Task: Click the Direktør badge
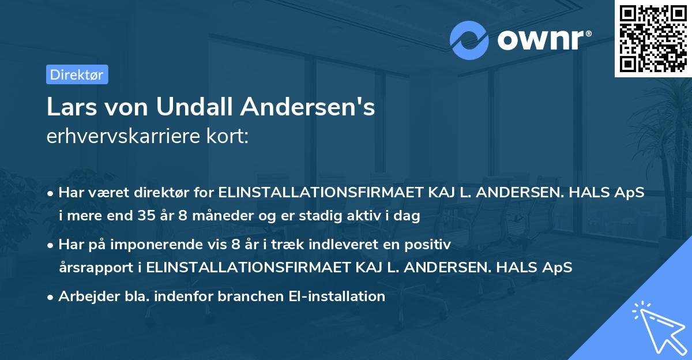(x=76, y=74)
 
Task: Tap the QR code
(x=652, y=38)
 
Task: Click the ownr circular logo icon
(x=469, y=40)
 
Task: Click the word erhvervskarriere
(x=121, y=137)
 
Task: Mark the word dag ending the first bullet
(x=409, y=216)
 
